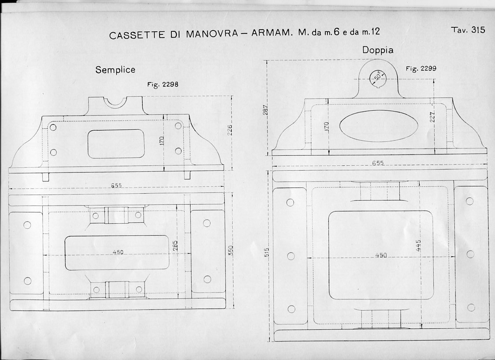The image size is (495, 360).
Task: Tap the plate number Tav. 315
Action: pyautogui.click(x=468, y=30)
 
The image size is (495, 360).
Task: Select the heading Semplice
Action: pyautogui.click(x=115, y=70)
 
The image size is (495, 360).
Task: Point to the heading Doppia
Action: pyautogui.click(x=378, y=50)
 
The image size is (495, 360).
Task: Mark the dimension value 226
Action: pyautogui.click(x=229, y=130)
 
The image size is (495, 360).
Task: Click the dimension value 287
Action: pyautogui.click(x=265, y=110)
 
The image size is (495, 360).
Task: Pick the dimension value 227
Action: pyautogui.click(x=432, y=116)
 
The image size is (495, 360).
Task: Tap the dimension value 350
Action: pyautogui.click(x=230, y=251)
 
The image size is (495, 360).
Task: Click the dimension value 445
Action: pyautogui.click(x=418, y=245)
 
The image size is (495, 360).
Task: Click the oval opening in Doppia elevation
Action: pyautogui.click(x=379, y=126)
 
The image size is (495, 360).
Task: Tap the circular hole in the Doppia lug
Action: pyautogui.click(x=377, y=78)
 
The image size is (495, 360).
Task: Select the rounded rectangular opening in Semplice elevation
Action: pyautogui.click(x=116, y=143)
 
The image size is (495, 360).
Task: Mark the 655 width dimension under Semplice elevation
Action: pyautogui.click(x=116, y=186)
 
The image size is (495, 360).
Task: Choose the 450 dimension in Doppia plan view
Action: pyautogui.click(x=381, y=255)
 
